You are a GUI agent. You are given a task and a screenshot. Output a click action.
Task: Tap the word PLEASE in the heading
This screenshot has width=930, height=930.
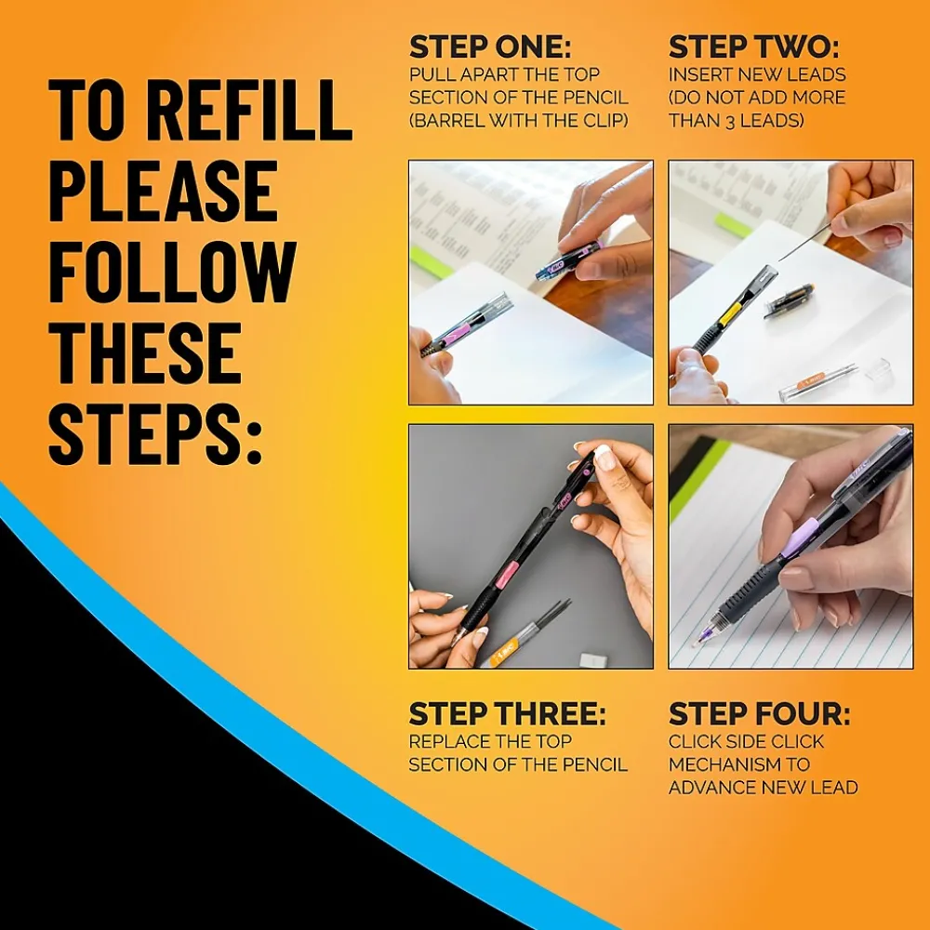tap(163, 192)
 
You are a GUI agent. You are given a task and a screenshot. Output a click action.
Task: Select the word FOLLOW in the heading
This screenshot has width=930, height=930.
tap(172, 272)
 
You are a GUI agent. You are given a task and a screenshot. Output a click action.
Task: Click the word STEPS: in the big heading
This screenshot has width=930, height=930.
tap(154, 433)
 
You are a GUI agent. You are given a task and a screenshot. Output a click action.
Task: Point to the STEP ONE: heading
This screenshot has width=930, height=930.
tap(490, 47)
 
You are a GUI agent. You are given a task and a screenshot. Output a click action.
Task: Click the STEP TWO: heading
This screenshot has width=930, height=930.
tap(754, 47)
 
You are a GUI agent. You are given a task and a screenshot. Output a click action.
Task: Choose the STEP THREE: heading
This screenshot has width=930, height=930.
tap(507, 714)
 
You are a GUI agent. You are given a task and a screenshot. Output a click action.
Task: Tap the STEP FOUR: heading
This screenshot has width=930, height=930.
tap(759, 714)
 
